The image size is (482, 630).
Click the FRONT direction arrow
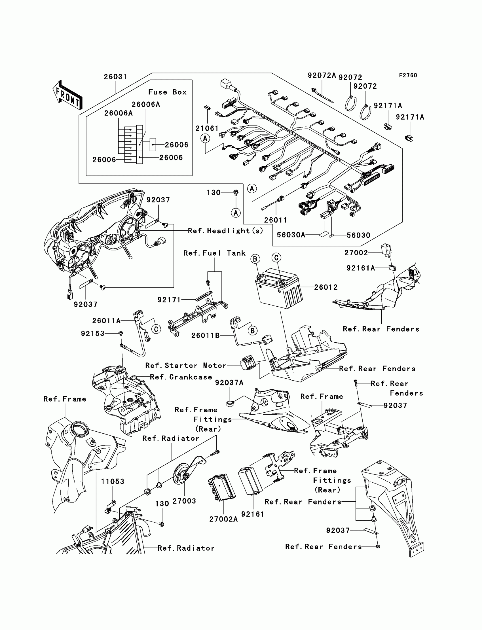pos(67,95)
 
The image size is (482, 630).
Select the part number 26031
pos(115,77)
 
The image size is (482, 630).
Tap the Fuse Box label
pos(167,92)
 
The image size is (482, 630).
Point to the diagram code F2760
pos(408,75)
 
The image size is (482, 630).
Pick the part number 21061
pos(207,128)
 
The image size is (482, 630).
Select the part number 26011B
pos(206,335)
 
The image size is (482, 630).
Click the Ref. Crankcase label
pos(181,377)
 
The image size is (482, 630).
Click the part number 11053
pos(113,481)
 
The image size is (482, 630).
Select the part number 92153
pos(93,334)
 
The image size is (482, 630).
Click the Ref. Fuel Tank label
pos(215,253)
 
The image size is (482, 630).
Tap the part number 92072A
pos(322,75)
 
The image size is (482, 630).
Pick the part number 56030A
pos(291,235)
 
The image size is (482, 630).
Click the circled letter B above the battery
pos(255,259)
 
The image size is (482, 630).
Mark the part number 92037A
pos(229,383)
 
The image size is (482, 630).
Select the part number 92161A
pos(361,268)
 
